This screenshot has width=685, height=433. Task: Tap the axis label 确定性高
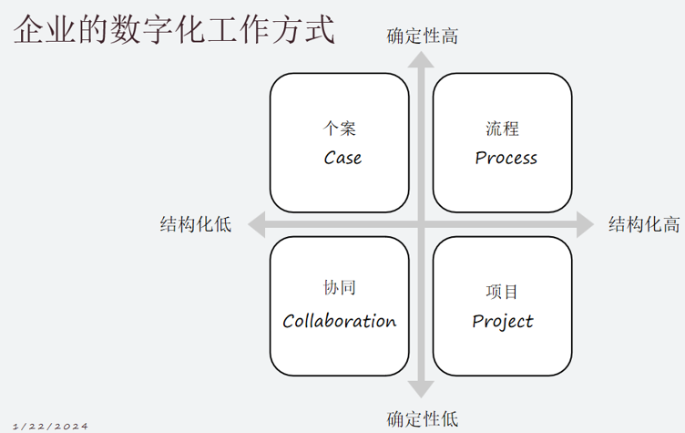[x=422, y=36]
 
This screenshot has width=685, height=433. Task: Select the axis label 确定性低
[x=422, y=419]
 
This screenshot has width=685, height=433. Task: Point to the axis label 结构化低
[x=196, y=224]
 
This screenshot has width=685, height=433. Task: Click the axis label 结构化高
[x=644, y=224]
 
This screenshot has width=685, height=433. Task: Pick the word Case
[x=342, y=158]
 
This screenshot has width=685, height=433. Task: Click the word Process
[x=506, y=158]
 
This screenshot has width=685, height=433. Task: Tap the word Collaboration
[x=340, y=321]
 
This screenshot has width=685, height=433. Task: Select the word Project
[x=503, y=321]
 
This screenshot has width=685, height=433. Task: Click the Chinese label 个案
[x=341, y=129]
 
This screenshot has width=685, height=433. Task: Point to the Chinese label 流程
[x=502, y=129]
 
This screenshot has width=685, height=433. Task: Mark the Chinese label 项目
[x=502, y=292]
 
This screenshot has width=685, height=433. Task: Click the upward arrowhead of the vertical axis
[x=421, y=59]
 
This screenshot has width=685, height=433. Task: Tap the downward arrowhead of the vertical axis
[x=421, y=389]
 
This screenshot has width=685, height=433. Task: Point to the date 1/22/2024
[x=51, y=426]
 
